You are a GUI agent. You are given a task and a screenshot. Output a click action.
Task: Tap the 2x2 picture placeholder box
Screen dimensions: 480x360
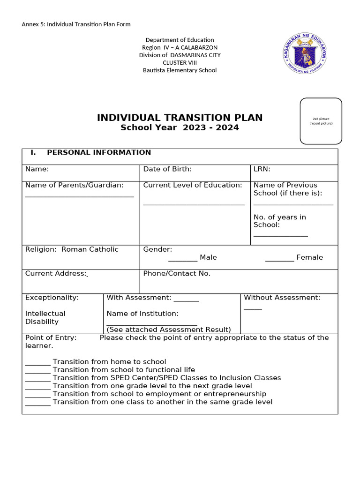tap(321, 121)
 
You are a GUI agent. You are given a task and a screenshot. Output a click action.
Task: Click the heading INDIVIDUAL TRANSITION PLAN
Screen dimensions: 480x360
tap(180, 118)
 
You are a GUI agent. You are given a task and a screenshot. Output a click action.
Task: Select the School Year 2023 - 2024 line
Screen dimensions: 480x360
tap(180, 127)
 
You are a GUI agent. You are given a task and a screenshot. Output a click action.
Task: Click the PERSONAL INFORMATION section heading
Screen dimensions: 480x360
tap(99, 152)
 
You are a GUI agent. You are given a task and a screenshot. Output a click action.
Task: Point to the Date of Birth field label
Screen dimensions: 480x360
tap(167, 169)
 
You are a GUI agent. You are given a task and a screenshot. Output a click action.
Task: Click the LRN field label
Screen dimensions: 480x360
tap(262, 169)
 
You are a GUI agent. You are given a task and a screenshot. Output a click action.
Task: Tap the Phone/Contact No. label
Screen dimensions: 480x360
tap(177, 273)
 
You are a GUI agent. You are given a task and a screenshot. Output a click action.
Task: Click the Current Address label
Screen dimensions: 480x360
tap(56, 273)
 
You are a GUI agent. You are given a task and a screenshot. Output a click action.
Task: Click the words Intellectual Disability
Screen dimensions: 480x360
tap(45, 317)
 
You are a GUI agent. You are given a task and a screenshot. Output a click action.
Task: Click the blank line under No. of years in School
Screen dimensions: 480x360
tap(280, 236)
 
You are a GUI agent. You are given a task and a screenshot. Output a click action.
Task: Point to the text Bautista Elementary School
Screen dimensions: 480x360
tap(180, 70)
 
